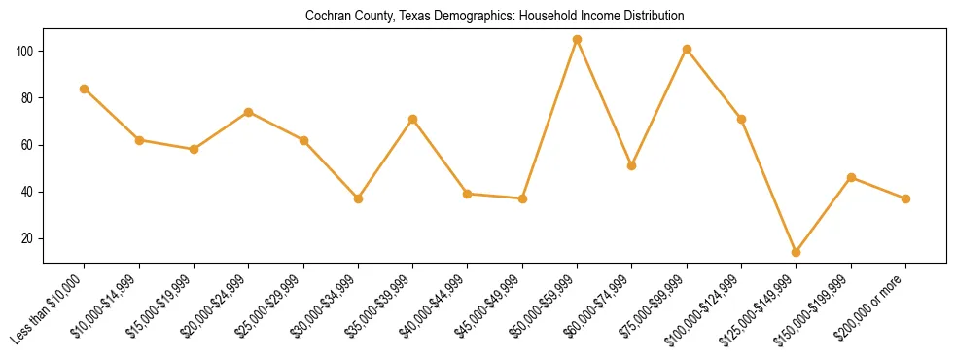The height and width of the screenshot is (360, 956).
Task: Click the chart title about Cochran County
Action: point(495,17)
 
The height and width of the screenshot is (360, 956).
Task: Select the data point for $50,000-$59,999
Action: point(578,40)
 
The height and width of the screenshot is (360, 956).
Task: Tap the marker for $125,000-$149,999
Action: point(797,252)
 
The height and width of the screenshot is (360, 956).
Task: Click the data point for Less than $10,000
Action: point(85,89)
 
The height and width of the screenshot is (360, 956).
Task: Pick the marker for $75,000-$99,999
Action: point(687,49)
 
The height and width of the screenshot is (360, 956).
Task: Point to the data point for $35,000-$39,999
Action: point(413,119)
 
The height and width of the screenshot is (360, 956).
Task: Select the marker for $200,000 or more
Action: point(905,198)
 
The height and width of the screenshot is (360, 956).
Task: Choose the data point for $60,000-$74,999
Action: point(632,165)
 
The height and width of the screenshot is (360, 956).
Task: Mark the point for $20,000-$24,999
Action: point(249,112)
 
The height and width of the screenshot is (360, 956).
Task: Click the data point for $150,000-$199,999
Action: point(851,177)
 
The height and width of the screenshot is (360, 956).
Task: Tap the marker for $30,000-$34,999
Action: point(359,198)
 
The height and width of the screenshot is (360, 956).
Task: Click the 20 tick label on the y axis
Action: point(31,238)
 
